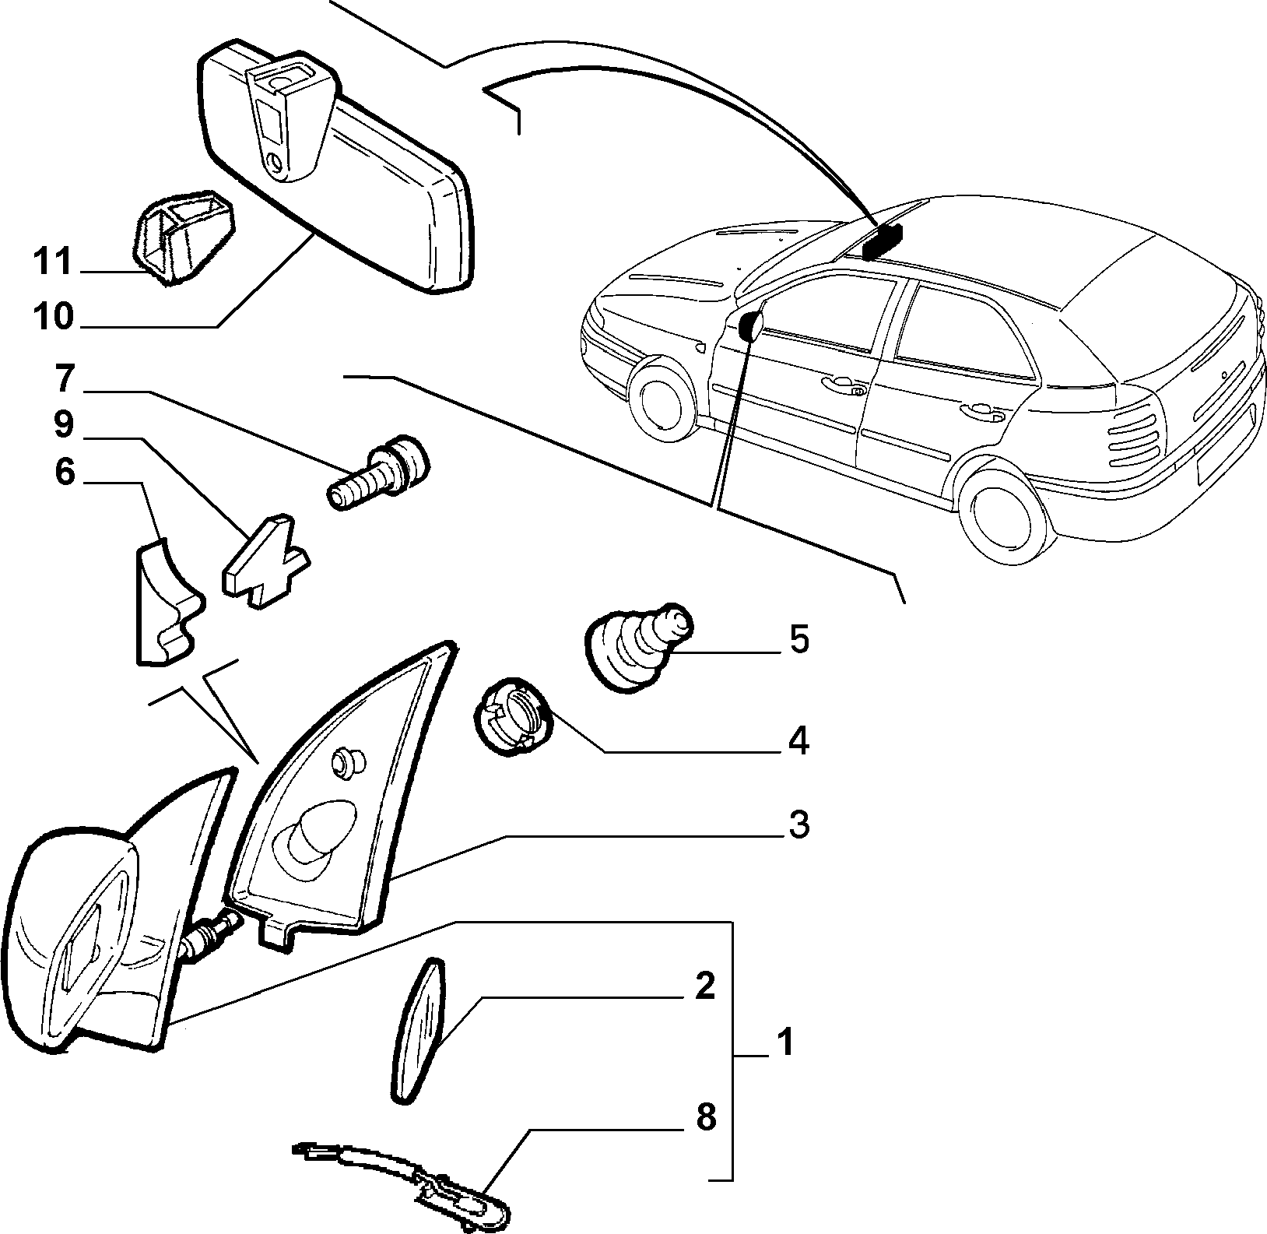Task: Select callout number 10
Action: click(x=53, y=317)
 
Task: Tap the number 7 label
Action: click(x=64, y=379)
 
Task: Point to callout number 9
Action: click(x=64, y=425)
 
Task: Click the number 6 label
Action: click(x=64, y=472)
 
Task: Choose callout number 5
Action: click(x=798, y=639)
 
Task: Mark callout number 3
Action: click(x=798, y=825)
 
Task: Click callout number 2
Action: click(x=704, y=986)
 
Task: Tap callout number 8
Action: click(x=704, y=1118)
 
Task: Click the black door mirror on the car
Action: click(x=751, y=326)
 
